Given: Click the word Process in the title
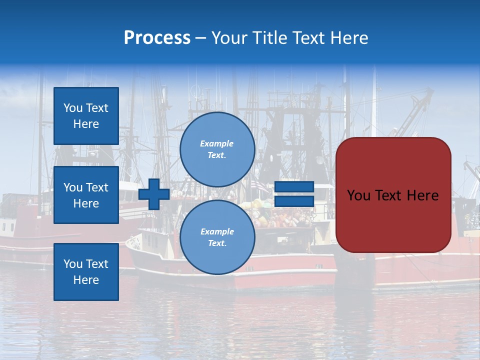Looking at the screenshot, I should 157,38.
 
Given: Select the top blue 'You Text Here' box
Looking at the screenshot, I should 86,116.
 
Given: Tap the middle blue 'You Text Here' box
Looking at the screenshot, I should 86,195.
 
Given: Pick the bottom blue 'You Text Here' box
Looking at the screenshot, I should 86,271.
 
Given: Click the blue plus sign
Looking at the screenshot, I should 154,194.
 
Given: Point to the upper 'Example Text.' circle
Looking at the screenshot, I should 217,149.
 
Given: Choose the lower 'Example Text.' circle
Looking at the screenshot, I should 217,237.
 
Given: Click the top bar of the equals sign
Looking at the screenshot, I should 294,187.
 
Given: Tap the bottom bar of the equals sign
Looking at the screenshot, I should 294,201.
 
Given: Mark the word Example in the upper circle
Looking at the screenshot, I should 217,143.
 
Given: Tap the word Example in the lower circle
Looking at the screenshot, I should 217,231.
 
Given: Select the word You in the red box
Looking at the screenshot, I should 358,195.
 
